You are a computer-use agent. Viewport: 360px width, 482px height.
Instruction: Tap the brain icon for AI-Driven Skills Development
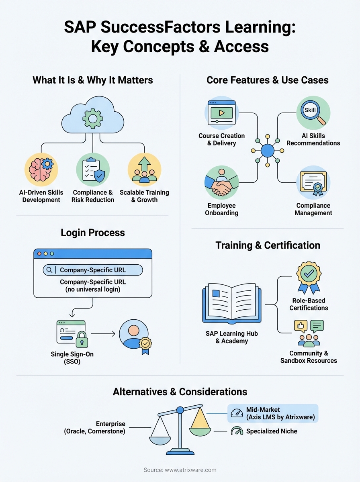click(41, 169)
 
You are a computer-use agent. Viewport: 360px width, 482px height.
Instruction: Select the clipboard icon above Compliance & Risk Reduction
click(93, 169)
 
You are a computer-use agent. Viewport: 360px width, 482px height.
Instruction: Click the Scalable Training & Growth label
click(144, 196)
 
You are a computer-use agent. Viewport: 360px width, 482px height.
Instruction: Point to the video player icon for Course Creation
click(221, 112)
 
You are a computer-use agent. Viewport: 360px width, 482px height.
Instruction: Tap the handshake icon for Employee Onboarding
click(221, 183)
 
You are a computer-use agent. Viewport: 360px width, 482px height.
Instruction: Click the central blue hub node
click(267, 151)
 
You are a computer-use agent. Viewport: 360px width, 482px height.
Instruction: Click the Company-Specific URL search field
click(93, 270)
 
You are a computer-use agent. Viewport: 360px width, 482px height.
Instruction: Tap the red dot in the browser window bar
click(39, 254)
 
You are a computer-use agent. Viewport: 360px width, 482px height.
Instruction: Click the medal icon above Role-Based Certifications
click(309, 278)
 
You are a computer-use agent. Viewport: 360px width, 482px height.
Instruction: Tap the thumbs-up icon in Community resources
click(301, 325)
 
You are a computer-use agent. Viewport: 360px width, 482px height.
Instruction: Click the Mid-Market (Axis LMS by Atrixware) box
click(273, 413)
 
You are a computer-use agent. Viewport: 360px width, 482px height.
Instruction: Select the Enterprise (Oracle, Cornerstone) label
click(94, 427)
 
